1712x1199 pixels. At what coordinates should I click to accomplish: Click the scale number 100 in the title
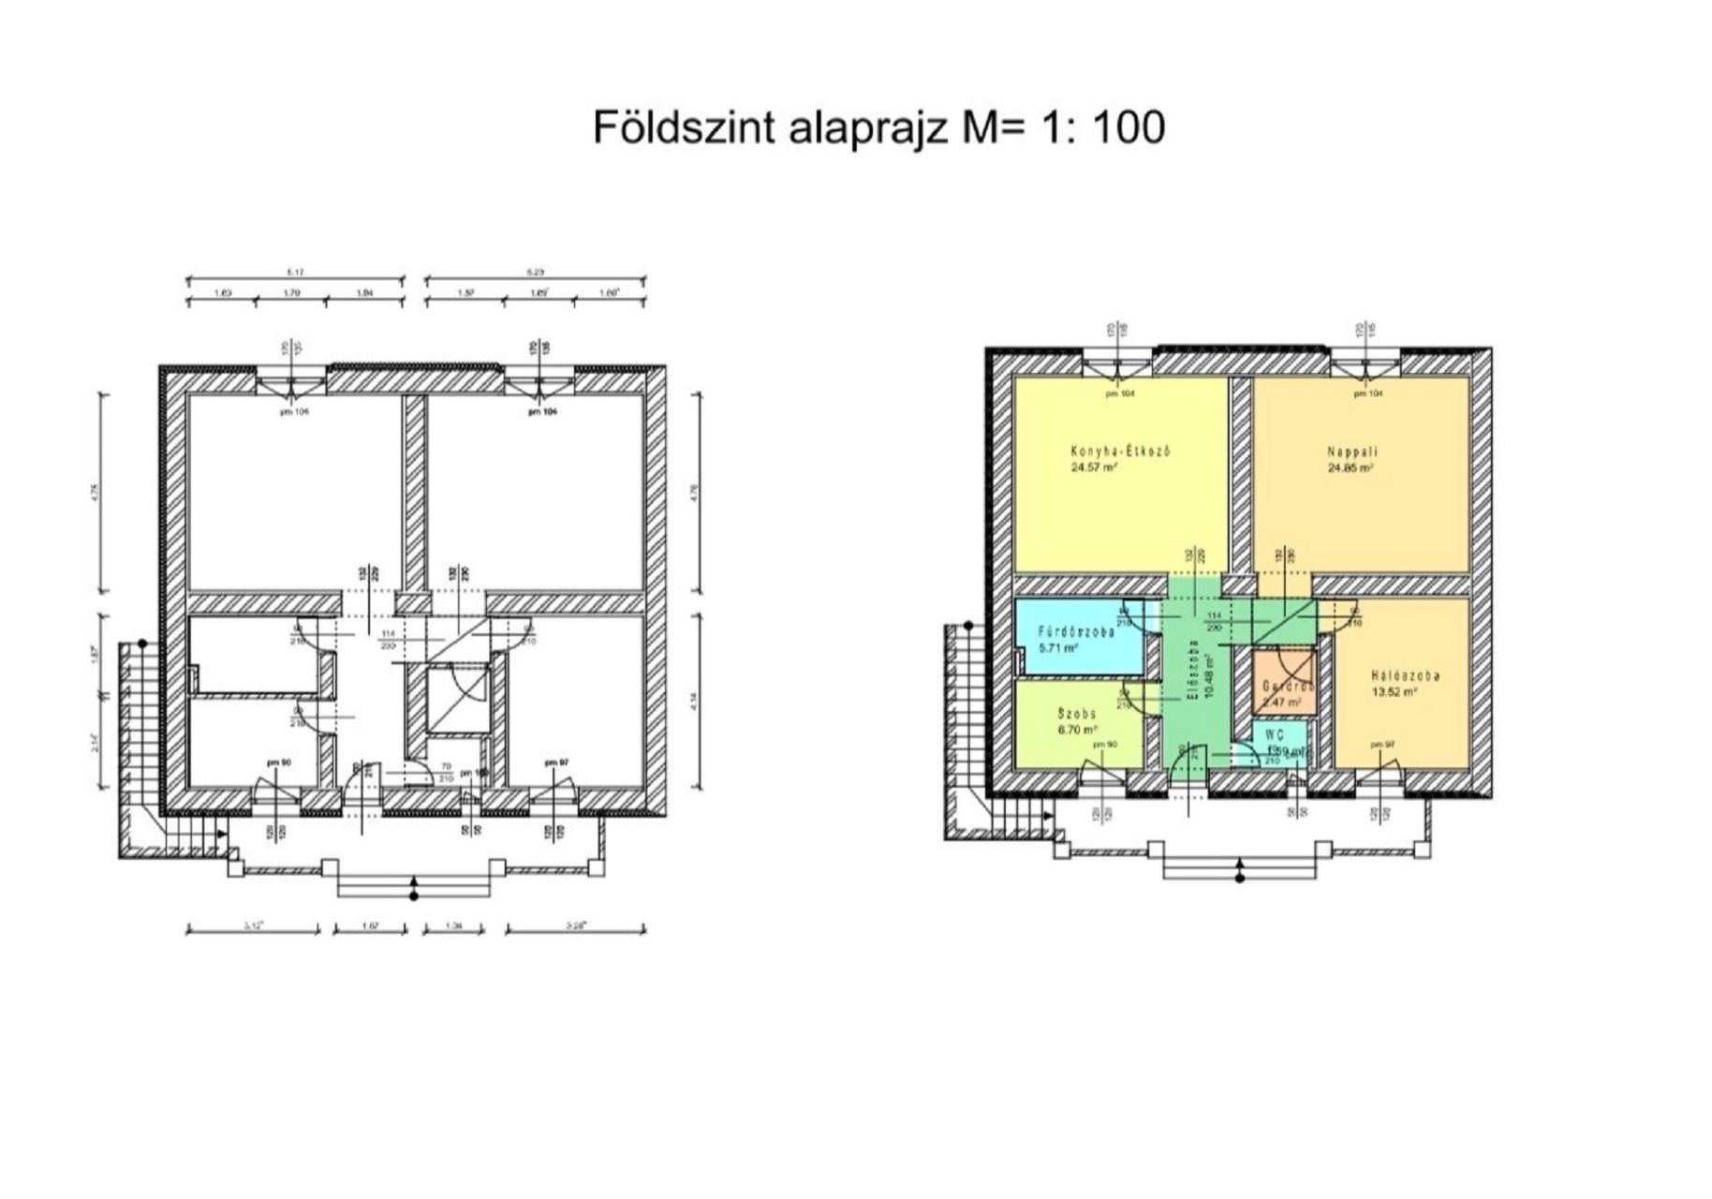[1129, 127]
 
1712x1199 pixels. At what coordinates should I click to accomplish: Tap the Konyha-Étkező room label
[1120, 451]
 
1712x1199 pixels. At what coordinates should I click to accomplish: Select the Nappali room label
[1351, 452]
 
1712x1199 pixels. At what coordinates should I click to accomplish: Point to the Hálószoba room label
[1405, 676]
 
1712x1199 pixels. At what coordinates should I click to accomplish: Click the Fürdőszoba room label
[1077, 632]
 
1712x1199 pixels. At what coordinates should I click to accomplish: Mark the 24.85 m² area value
[1350, 467]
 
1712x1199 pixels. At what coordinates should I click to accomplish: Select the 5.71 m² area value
[1058, 647]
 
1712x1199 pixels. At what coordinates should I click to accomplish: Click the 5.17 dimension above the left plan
[295, 273]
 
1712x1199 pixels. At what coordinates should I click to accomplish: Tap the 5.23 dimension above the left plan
[536, 273]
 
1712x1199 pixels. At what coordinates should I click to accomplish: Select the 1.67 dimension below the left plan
[369, 926]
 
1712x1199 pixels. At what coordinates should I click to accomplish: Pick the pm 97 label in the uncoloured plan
[556, 763]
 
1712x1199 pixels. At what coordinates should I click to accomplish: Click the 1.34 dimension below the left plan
[455, 926]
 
